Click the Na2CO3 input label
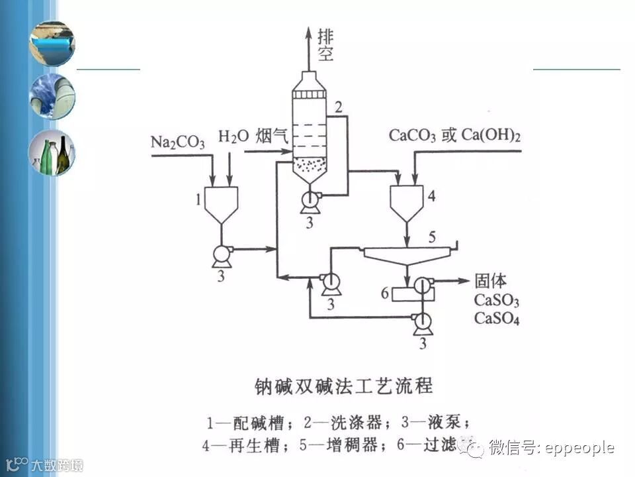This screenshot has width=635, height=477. [x=178, y=142]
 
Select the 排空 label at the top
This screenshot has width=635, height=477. [x=325, y=44]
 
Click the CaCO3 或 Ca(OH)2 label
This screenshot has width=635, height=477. [x=454, y=136]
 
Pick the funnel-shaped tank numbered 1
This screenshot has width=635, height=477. [x=221, y=203]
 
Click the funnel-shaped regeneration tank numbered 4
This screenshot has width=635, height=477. [x=407, y=203]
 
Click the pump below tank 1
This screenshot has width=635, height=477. [x=220, y=254]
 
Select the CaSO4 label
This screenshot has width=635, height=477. [x=496, y=319]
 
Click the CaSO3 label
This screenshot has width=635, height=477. [x=496, y=300]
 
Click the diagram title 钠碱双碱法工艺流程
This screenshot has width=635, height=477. [x=344, y=386]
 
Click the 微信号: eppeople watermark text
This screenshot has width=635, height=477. [x=552, y=449]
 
